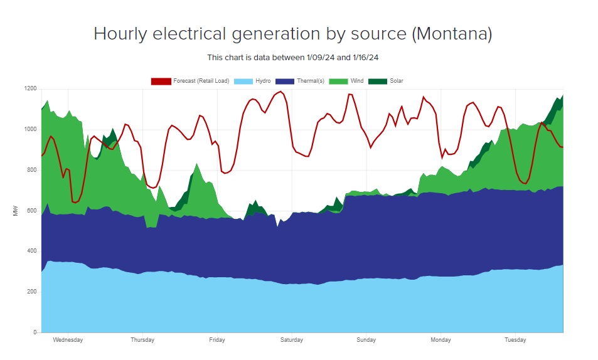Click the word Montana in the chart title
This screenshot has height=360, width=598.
click(452, 34)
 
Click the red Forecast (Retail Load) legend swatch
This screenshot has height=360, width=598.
click(161, 81)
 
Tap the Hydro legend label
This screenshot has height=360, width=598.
click(263, 81)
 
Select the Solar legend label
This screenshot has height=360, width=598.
click(396, 81)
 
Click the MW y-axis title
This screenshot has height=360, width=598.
click(15, 211)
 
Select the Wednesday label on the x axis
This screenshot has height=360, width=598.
click(68, 340)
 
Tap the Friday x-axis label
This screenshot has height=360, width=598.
click(217, 340)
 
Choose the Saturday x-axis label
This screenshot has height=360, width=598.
click(291, 340)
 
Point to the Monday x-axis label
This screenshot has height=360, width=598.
click(440, 340)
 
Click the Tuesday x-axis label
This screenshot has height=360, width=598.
click(515, 340)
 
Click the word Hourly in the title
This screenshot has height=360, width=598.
click(119, 34)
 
